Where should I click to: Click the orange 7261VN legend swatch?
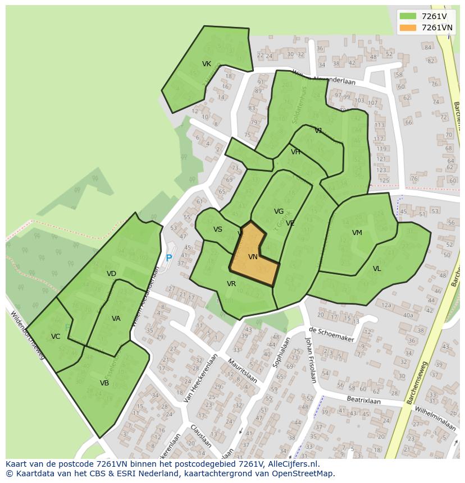tap(408, 27)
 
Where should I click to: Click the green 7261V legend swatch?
tap(408, 16)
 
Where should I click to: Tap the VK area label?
tap(207, 64)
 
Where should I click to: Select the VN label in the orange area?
tap(253, 257)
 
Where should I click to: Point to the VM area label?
tap(357, 233)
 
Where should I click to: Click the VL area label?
tap(377, 269)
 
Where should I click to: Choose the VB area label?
tap(104, 383)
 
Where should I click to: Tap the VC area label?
tap(56, 337)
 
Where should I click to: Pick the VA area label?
tap(116, 319)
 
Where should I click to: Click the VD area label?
tap(111, 274)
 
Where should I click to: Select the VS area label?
tap(218, 229)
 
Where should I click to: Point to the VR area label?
tap(231, 284)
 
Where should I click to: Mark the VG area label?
tap(279, 211)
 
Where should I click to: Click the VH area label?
tap(295, 152)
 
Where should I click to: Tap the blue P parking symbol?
tap(168, 259)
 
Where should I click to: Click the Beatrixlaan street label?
tap(363, 401)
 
